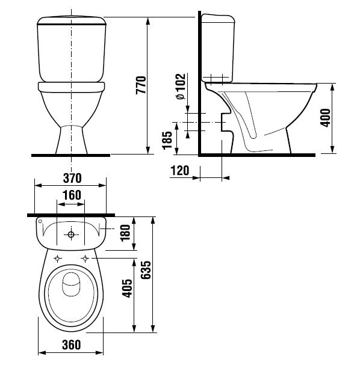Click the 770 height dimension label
pyautogui.click(x=141, y=85)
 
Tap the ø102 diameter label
pyautogui.click(x=181, y=86)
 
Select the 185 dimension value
pyautogui.click(x=167, y=140)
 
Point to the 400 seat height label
pyautogui.click(x=325, y=118)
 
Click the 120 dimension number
pyautogui.click(x=180, y=171)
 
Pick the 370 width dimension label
pyautogui.click(x=72, y=178)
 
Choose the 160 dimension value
pyautogui.click(x=72, y=195)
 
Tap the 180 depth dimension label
pyautogui.click(x=125, y=233)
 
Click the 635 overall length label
pyautogui.click(x=146, y=270)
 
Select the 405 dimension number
pyautogui.click(x=128, y=289)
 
